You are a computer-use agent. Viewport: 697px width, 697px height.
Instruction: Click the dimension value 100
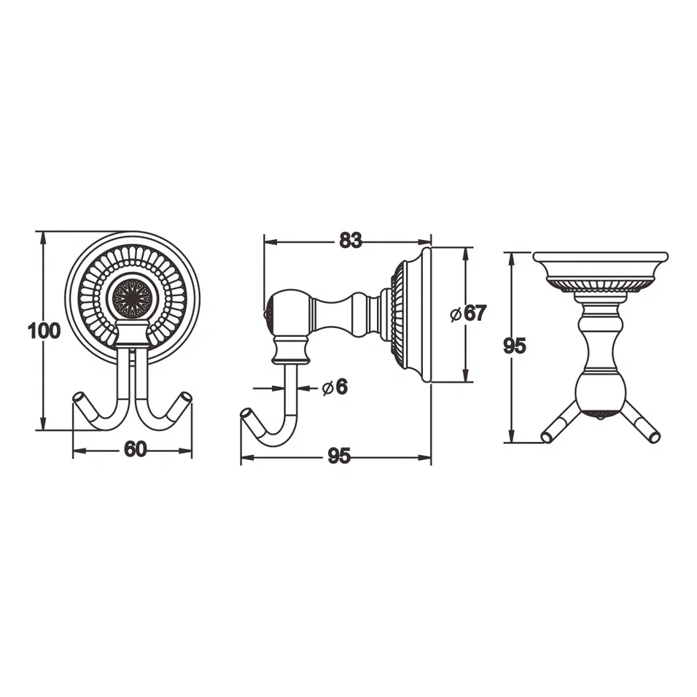pos(44,331)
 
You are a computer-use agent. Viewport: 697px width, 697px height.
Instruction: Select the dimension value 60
pos(135,450)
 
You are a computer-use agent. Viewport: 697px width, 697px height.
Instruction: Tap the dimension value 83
pos(351,240)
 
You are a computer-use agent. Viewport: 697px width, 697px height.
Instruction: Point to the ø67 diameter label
pos(468,314)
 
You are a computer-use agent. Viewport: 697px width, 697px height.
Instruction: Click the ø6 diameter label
pos(335,388)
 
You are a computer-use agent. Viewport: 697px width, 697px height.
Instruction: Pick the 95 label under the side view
pos(339,456)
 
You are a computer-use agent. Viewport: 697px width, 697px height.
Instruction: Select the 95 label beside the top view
pos(515,346)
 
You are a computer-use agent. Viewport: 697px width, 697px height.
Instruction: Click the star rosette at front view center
pos(132,297)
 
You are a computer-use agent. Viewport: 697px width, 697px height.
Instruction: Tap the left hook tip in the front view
pos(79,398)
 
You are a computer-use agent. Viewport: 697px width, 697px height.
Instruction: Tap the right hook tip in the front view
pos(187,398)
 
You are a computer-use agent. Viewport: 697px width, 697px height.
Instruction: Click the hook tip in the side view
pos(246,415)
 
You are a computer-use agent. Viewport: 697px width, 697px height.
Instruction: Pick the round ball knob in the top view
pos(600,394)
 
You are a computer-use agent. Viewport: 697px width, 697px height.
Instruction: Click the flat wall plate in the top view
pos(600,257)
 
